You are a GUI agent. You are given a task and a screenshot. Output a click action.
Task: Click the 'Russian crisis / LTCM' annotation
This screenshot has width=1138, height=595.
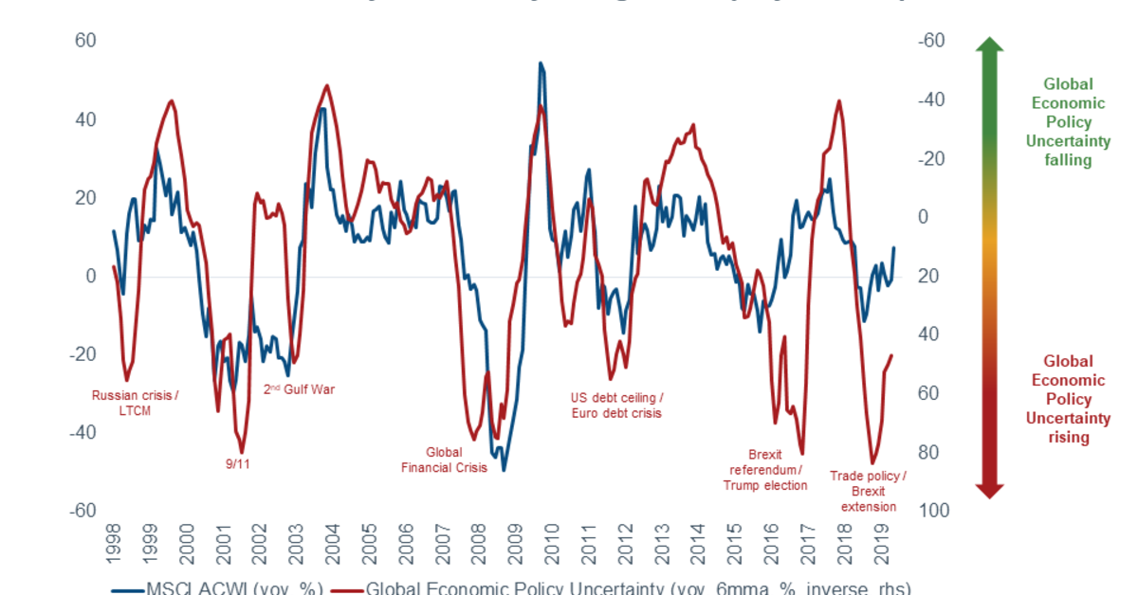(135, 403)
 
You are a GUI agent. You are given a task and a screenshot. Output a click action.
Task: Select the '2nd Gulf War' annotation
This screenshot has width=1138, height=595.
(299, 388)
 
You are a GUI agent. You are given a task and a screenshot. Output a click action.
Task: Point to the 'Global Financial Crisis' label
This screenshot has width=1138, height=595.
(444, 460)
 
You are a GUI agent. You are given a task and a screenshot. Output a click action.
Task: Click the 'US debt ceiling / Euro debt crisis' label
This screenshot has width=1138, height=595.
(616, 405)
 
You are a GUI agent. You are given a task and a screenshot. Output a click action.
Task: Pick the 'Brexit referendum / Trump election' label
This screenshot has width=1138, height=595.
(765, 470)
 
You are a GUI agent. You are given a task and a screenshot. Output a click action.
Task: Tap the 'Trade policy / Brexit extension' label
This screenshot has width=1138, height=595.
(868, 491)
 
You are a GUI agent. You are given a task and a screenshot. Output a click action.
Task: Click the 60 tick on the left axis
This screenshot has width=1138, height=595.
(85, 42)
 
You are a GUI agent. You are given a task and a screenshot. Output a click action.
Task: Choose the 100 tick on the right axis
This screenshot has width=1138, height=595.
(931, 511)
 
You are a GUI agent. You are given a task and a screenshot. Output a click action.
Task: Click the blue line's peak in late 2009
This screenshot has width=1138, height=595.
(541, 64)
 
